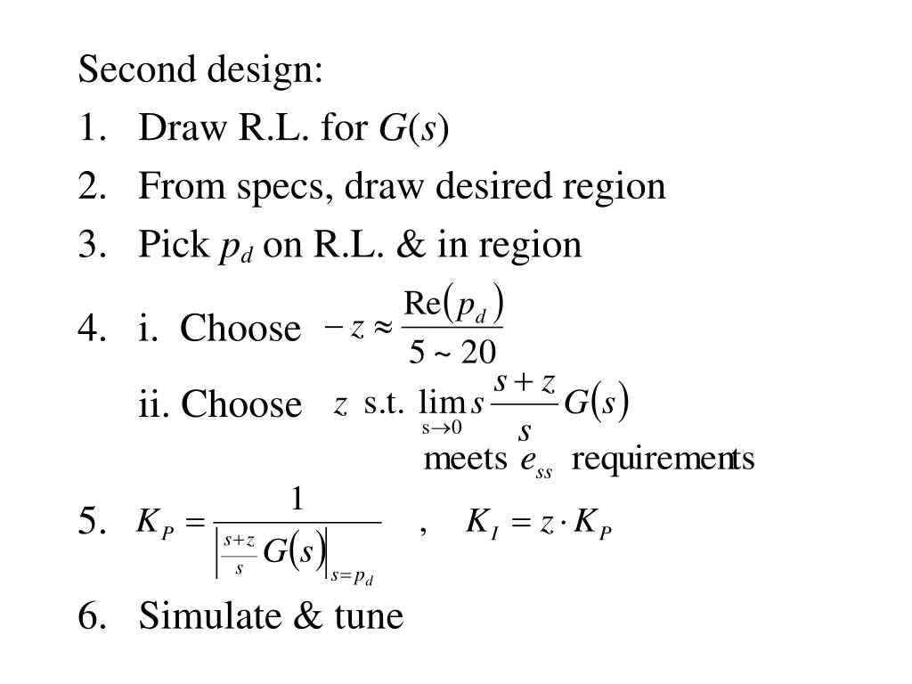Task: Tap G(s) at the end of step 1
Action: click(x=414, y=129)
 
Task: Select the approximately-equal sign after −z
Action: click(x=381, y=330)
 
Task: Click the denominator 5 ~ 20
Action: click(x=452, y=354)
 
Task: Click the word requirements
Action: click(x=664, y=460)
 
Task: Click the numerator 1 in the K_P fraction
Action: click(x=298, y=499)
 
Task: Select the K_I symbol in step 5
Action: click(x=481, y=522)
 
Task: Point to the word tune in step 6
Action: click(x=368, y=615)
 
